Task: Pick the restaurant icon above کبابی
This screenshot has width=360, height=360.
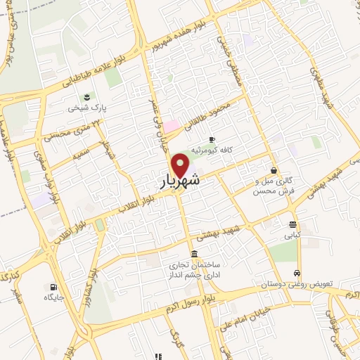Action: [292, 224]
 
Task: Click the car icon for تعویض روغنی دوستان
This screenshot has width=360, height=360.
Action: [297, 272]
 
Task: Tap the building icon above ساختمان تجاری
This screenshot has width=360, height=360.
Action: [194, 254]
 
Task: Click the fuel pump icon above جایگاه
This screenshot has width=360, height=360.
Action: [53, 286]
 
